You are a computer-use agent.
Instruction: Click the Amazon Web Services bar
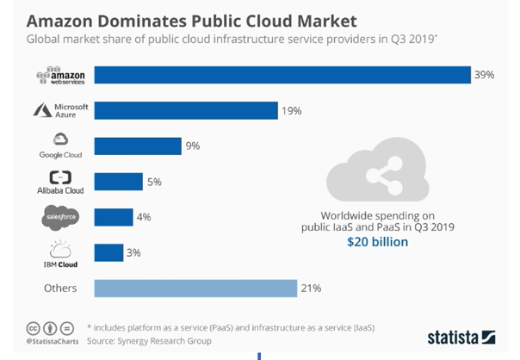282,75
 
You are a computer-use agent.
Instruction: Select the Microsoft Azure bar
185,110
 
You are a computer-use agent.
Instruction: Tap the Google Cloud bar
137,146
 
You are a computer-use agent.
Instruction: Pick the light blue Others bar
195,288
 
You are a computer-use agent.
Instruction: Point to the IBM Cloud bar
108,252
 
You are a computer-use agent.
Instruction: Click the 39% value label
484,75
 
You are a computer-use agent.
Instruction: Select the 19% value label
293,110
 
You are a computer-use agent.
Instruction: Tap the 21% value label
313,288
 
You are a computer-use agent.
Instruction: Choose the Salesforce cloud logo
59,218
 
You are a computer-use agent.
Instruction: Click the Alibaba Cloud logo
59,182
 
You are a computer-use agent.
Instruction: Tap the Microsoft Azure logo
59,111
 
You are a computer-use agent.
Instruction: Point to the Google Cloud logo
59,146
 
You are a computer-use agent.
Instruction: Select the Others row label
59,288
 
